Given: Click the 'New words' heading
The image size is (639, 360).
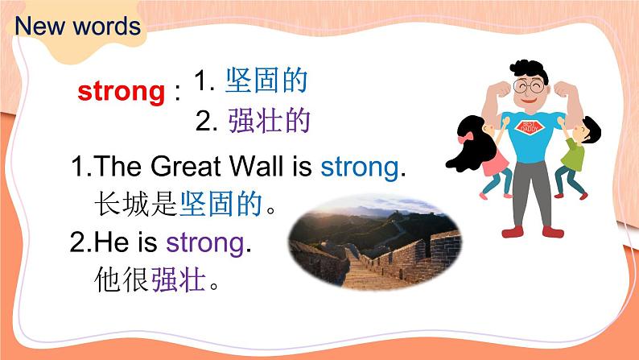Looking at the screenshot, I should (77, 27).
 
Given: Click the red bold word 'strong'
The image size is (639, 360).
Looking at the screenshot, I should (121, 92).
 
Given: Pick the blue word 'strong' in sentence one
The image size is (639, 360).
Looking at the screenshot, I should (359, 168).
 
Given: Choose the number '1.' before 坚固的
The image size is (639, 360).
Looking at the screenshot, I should (204, 82).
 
